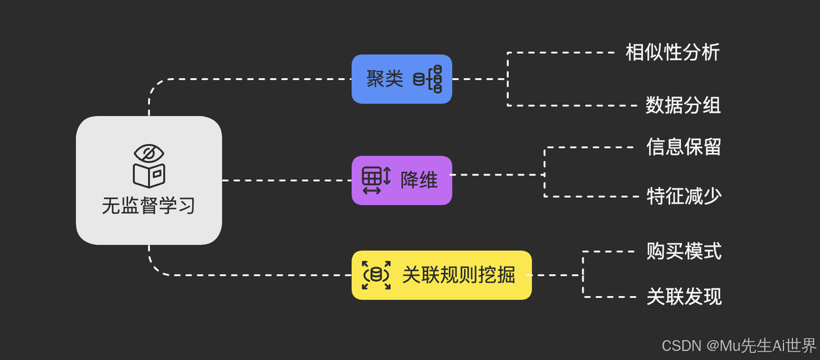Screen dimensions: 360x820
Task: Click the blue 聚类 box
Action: (402, 79)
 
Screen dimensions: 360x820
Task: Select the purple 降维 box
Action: (402, 180)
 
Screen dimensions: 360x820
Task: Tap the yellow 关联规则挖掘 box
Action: (441, 275)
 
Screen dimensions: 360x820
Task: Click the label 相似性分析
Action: (673, 53)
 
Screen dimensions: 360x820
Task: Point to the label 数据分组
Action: (683, 105)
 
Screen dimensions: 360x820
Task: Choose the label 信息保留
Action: (684, 147)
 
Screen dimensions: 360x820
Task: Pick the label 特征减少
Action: (684, 196)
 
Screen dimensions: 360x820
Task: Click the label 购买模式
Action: (684, 251)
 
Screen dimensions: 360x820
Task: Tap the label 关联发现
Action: (684, 297)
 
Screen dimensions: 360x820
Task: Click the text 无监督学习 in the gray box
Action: (149, 206)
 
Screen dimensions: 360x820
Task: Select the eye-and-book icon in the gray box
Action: (149, 165)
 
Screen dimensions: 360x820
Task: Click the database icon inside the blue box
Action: (428, 79)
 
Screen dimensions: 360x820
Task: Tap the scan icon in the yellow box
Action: (376, 275)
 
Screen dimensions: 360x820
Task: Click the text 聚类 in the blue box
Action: (385, 79)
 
